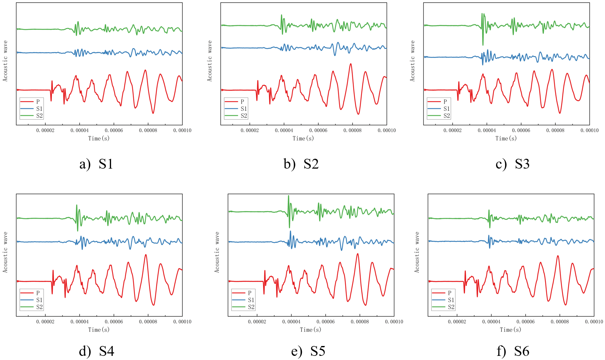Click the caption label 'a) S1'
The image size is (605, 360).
pos(96,164)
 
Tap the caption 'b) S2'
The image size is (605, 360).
pos(301,164)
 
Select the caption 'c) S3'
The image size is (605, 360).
pos(512,164)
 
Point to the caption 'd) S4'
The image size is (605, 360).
pos(96,351)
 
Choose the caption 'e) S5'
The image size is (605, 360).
pos(308,351)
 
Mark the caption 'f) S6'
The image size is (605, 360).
pos(513,351)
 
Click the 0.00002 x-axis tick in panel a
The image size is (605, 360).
pos(45,131)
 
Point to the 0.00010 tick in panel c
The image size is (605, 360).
pos(589,131)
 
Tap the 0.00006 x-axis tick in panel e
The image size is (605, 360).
pos(325,322)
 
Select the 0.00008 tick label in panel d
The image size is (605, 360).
pos(148,322)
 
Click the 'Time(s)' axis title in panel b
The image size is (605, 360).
pos(303,138)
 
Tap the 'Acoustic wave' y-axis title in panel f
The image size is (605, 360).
pos(417,252)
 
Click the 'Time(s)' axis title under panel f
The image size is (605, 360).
pos(510,330)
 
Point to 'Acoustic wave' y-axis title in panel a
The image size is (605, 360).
pos(5,61)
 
